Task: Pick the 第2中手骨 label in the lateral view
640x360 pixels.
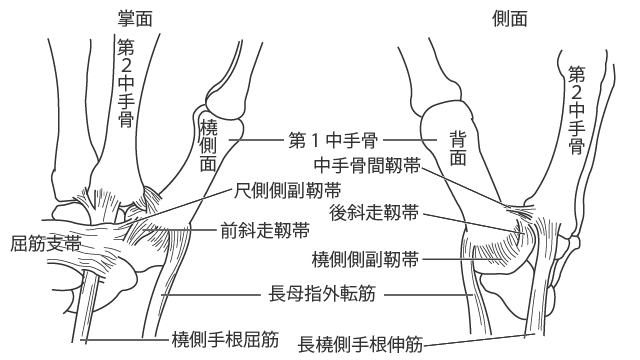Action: click(575, 110)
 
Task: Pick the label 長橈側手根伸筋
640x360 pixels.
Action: click(361, 346)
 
